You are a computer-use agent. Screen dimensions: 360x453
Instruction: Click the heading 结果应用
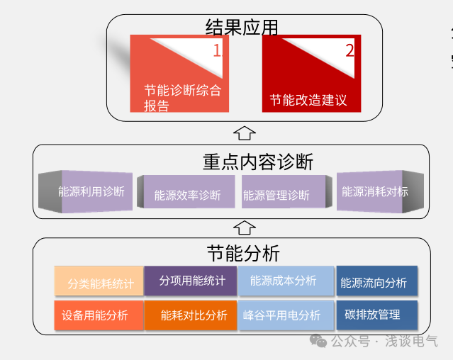(x=242, y=27)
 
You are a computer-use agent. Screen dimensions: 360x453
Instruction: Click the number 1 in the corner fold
(x=217, y=50)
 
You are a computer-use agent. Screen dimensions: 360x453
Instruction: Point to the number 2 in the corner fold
(x=349, y=50)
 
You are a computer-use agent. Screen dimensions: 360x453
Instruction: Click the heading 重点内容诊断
(x=258, y=162)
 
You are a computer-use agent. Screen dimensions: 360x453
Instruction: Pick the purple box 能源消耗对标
(x=374, y=191)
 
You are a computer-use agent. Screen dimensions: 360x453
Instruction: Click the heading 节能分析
(x=243, y=253)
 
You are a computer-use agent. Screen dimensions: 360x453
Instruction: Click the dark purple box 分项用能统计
(x=191, y=281)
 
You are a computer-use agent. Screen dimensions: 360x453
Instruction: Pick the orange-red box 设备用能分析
(x=99, y=315)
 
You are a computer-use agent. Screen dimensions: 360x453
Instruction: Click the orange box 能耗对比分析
(x=191, y=315)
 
